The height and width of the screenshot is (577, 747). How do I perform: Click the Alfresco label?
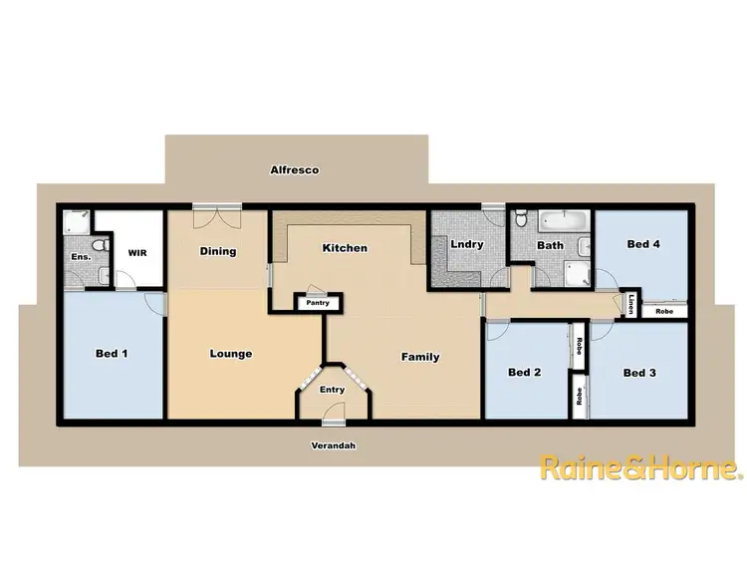(x=294, y=170)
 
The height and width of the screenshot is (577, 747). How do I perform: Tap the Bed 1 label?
(x=111, y=353)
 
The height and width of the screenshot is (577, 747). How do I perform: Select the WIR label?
(x=137, y=253)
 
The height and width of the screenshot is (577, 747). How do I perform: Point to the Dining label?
(x=218, y=251)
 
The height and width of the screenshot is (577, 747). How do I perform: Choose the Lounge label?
(x=231, y=353)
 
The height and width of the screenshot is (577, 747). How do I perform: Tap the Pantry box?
(x=319, y=301)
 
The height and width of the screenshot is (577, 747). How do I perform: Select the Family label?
(x=420, y=357)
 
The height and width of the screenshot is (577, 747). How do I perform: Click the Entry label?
(x=331, y=390)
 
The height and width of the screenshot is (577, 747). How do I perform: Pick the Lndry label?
(x=467, y=244)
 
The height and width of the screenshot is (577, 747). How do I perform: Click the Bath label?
(x=550, y=245)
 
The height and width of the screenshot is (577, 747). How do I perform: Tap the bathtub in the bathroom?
(x=563, y=221)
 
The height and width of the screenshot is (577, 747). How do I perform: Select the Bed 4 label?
(x=643, y=244)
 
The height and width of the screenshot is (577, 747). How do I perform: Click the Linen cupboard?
(x=632, y=302)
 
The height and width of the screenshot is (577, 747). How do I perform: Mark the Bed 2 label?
(x=525, y=373)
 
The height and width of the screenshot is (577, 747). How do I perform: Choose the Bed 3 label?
(x=639, y=373)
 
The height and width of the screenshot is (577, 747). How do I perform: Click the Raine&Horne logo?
(x=640, y=467)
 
